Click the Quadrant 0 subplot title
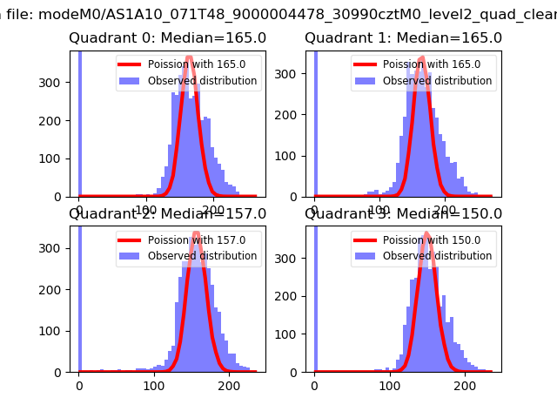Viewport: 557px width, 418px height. coord(168,38)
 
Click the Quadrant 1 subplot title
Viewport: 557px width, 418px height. coord(403,38)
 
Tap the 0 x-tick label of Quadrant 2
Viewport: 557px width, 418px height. coord(79,386)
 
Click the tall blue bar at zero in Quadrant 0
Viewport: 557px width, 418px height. coord(80,122)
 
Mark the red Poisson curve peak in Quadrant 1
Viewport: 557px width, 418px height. coord(422,58)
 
